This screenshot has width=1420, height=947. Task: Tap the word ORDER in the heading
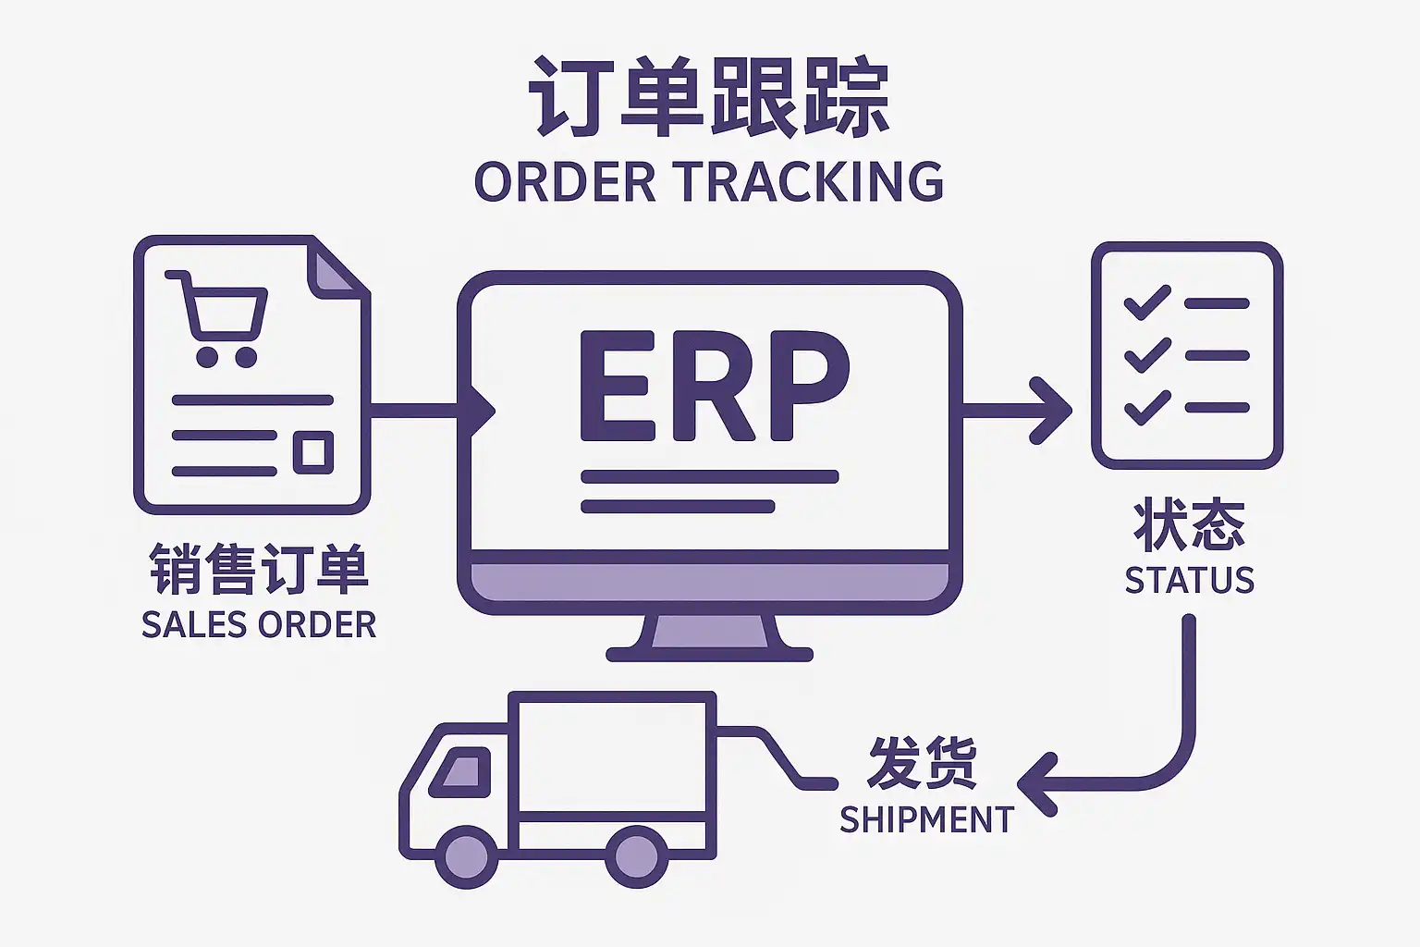[565, 181]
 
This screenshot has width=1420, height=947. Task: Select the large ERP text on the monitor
[713, 386]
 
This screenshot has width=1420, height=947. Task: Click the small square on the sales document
[313, 451]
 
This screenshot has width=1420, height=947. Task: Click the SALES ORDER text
[259, 625]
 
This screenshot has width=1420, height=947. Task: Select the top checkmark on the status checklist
[1146, 302]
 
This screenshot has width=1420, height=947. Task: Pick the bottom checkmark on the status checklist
[1146, 408]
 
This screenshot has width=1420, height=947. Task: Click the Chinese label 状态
[1189, 524]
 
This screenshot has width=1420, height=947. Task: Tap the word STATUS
[1189, 580]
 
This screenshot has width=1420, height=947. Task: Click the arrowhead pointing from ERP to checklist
[1052, 410]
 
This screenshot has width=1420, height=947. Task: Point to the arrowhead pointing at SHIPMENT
[1037, 784]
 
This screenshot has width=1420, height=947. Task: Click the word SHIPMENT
[926, 819]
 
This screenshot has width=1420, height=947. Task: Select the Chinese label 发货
[922, 763]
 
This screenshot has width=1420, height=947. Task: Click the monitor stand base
[709, 653]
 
